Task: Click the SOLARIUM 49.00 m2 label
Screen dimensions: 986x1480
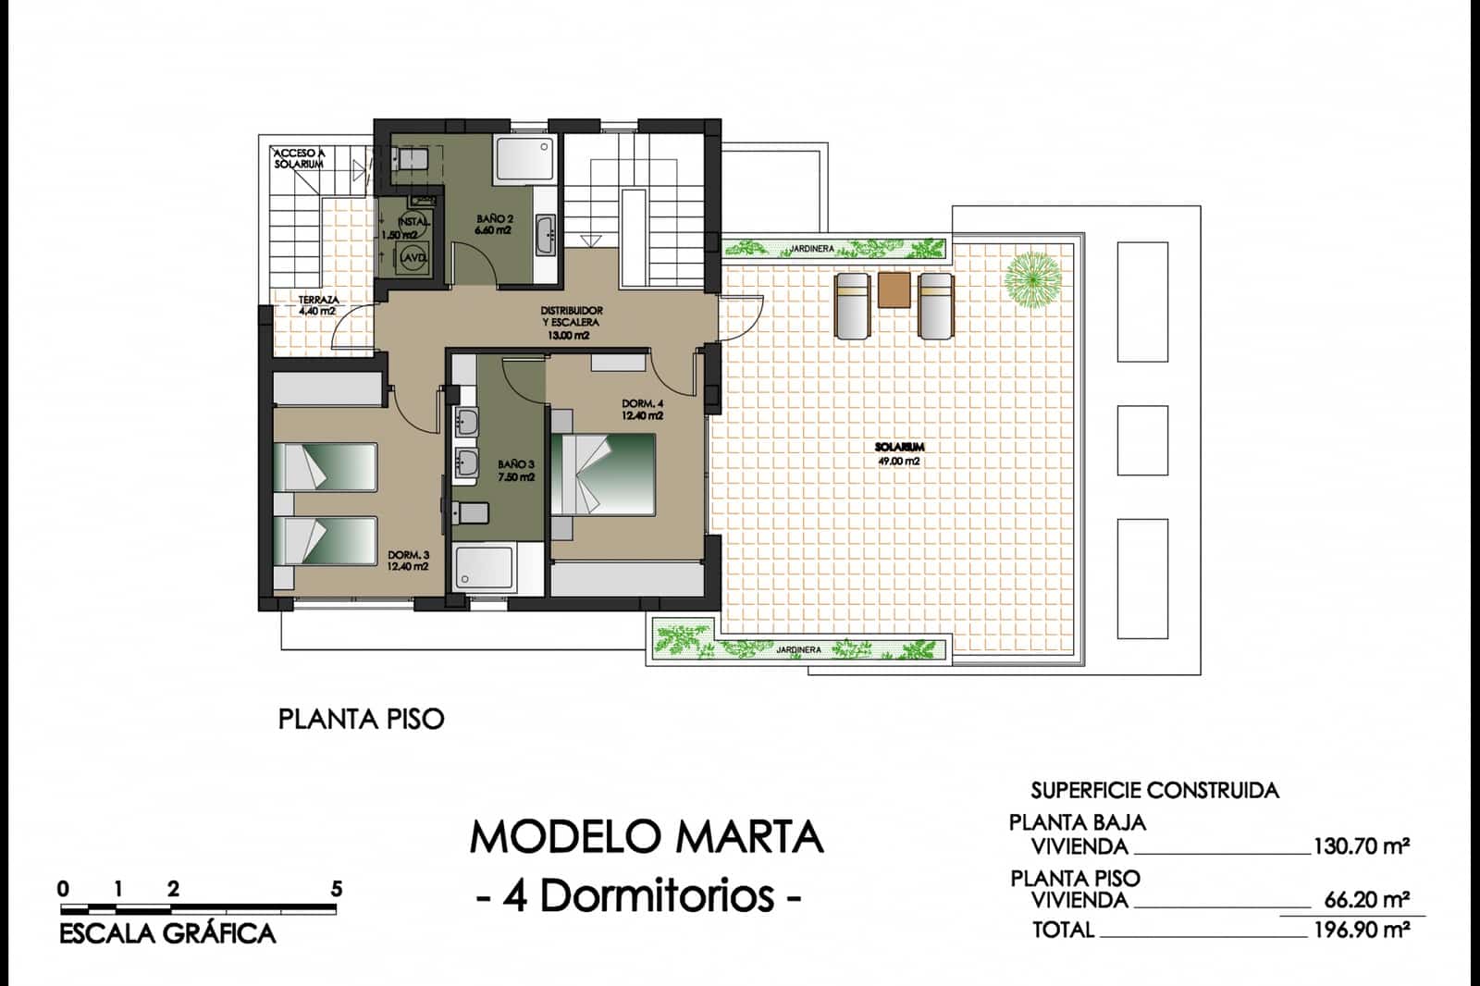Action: click(898, 453)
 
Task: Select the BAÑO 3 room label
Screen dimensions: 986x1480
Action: click(516, 471)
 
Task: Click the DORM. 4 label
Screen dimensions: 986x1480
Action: click(642, 410)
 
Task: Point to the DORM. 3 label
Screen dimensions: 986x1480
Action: click(408, 561)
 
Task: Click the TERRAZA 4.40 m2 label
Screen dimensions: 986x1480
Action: click(317, 305)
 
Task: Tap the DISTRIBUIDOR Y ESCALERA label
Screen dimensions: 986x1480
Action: click(571, 322)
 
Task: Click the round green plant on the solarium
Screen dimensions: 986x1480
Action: click(1032, 277)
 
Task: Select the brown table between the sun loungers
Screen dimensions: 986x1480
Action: click(894, 290)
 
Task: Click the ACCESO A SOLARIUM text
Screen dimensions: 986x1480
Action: click(299, 158)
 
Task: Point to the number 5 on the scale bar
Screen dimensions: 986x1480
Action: click(337, 889)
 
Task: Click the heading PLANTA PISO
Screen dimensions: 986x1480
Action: click(361, 719)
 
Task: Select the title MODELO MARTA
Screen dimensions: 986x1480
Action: click(646, 837)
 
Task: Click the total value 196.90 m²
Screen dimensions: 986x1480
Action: click(1361, 930)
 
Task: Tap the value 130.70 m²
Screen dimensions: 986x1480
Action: click(1361, 845)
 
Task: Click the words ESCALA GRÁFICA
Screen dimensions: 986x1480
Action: click(167, 933)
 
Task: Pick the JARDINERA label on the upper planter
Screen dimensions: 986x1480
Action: click(812, 249)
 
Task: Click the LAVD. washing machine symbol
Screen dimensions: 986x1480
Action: click(413, 259)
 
